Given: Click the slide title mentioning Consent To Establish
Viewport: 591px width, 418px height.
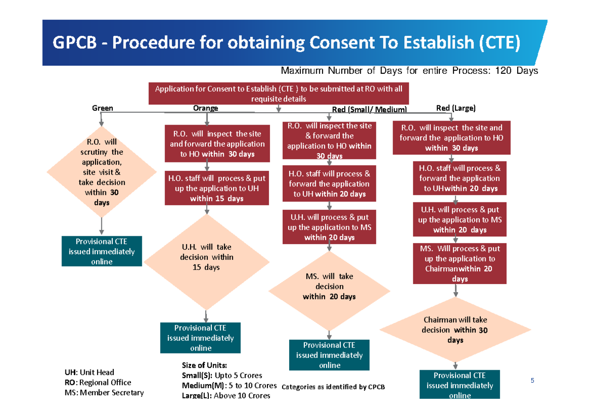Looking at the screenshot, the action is point(286,42).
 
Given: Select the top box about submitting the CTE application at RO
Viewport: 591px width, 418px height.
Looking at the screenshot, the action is point(279,94).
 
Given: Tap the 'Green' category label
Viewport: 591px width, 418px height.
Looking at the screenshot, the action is point(102,108).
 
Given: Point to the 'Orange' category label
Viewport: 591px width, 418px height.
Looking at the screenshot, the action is point(205,108).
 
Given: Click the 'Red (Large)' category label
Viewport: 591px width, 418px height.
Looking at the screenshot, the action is point(456,108).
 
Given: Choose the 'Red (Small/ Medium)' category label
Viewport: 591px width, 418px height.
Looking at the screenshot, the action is point(369,109).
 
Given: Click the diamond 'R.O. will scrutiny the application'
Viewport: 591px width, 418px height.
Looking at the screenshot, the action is point(101,172).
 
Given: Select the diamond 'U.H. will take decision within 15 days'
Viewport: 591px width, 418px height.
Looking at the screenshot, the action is point(206,262).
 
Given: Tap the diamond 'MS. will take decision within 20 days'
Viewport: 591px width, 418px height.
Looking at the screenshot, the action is point(329,291).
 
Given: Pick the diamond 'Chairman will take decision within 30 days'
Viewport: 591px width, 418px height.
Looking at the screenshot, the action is point(456,330).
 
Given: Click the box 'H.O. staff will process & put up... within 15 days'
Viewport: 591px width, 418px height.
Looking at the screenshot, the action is point(217,188).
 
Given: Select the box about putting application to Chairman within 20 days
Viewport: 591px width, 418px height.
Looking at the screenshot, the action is point(460,263).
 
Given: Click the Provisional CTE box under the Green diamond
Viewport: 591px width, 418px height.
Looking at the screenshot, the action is point(101,251).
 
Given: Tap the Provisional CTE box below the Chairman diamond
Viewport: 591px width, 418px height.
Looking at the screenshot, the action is point(460,385).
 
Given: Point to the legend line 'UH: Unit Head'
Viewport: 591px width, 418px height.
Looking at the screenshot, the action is point(90,372).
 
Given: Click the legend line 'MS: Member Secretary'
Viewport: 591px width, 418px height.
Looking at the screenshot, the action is point(104,393).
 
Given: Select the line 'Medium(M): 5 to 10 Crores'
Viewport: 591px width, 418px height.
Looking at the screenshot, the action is point(230,386).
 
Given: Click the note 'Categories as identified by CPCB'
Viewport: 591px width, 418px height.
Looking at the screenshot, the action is point(333,387).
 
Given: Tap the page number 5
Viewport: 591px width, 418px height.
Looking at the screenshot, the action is point(532,380).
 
